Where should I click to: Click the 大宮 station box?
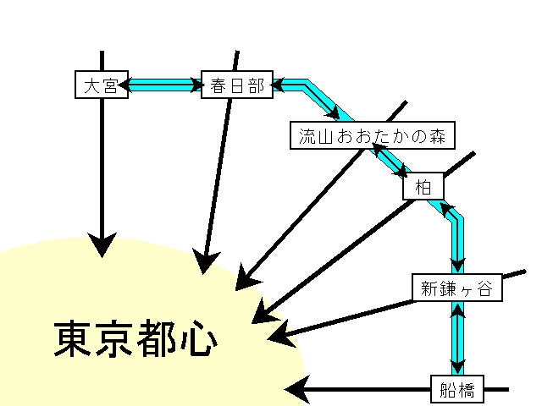[102, 85]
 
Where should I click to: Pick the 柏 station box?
[423, 185]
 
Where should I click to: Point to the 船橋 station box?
[457, 390]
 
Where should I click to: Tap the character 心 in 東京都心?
[198, 339]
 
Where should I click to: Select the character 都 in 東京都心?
[158, 339]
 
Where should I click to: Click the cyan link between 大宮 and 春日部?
[164, 85]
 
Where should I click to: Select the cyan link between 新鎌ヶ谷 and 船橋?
[457, 338]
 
